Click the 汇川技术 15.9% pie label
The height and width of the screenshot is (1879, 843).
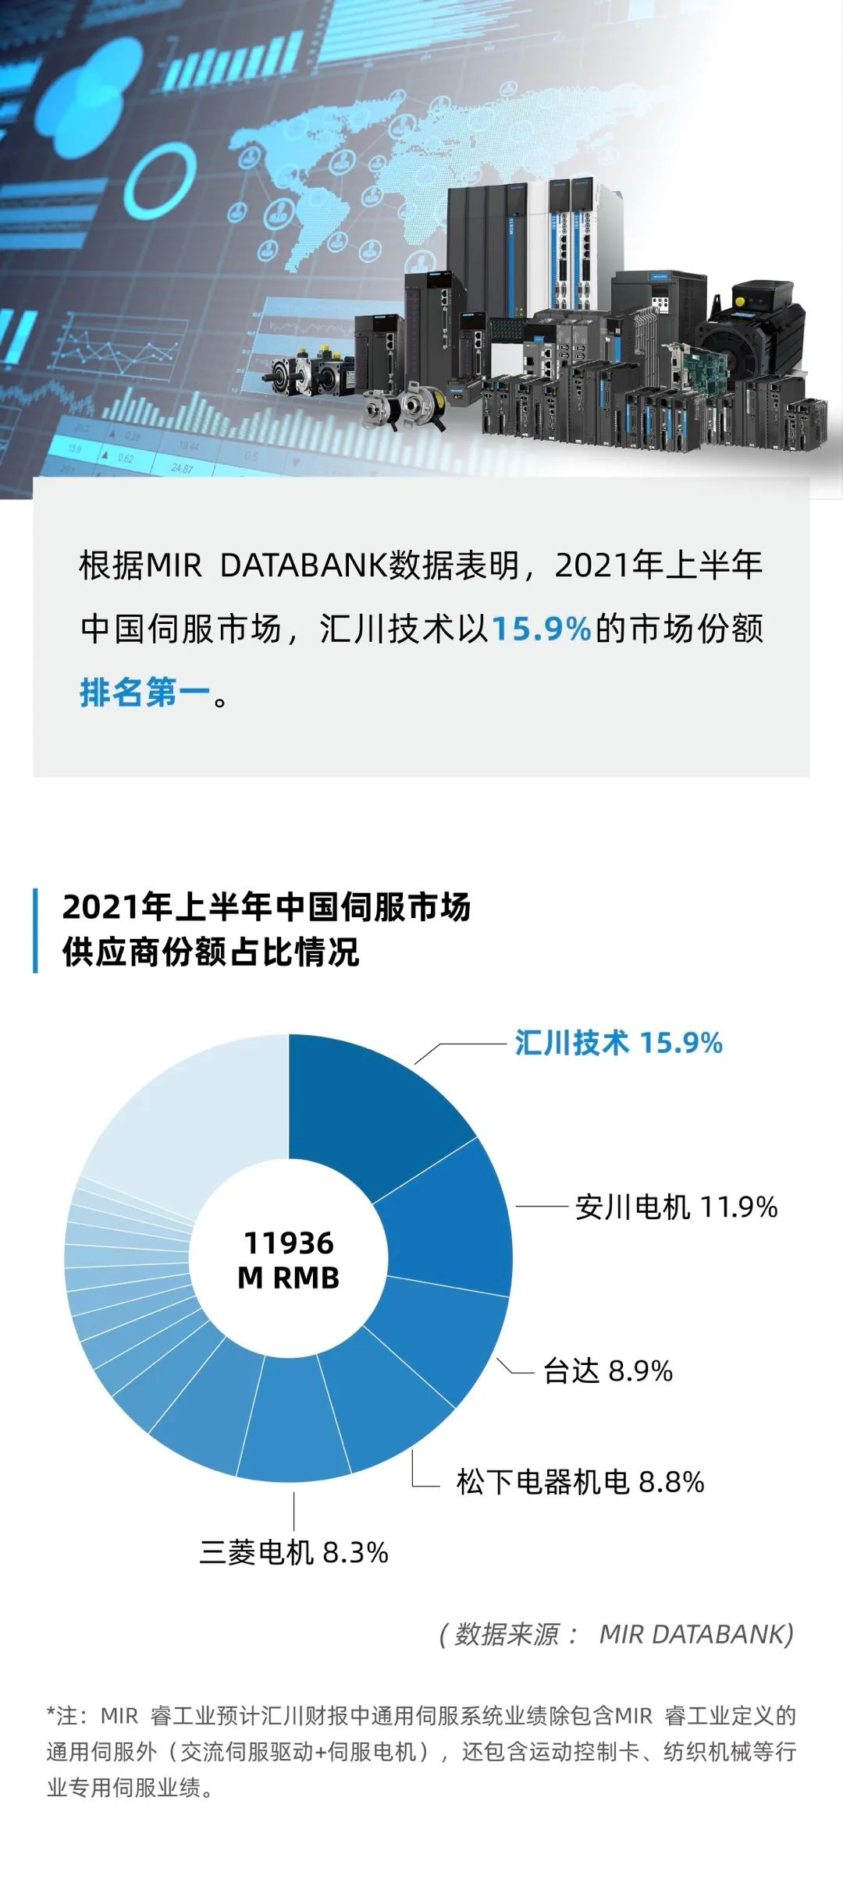(x=618, y=1043)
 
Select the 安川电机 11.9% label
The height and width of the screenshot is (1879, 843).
(x=676, y=1207)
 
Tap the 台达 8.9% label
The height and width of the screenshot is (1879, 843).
(x=607, y=1370)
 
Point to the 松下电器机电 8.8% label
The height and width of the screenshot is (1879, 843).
(x=580, y=1481)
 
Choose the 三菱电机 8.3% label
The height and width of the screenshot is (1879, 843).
(x=293, y=1551)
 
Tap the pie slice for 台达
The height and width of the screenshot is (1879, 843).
(x=437, y=1334)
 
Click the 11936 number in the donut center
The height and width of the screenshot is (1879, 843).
(x=288, y=1243)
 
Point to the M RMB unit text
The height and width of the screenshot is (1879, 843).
(x=288, y=1278)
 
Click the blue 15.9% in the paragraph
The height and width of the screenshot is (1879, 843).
(x=541, y=629)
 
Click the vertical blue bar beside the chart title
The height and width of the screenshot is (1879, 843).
(x=36, y=930)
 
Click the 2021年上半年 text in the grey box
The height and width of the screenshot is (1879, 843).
(x=657, y=565)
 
